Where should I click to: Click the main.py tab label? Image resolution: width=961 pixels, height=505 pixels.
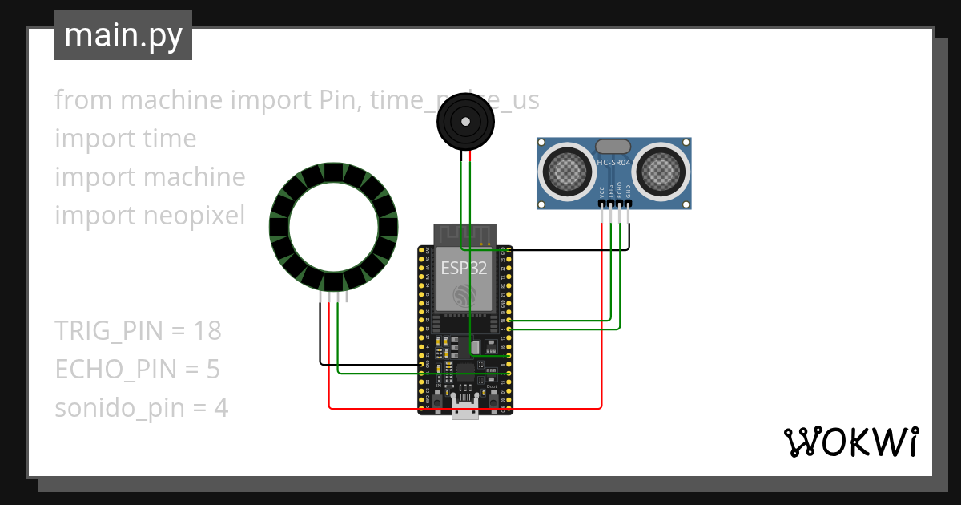[x=123, y=35]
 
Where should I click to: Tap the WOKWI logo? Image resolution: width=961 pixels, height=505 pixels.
[x=850, y=442]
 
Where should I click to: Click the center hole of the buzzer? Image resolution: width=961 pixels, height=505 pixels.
[x=464, y=121]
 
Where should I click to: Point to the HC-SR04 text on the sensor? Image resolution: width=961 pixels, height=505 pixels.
[x=613, y=163]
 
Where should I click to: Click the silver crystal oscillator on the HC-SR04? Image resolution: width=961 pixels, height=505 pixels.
[x=613, y=146]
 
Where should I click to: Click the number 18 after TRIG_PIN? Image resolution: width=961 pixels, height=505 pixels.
[x=206, y=330]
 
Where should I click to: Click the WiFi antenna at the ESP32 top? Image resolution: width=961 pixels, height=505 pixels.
[x=464, y=234]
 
